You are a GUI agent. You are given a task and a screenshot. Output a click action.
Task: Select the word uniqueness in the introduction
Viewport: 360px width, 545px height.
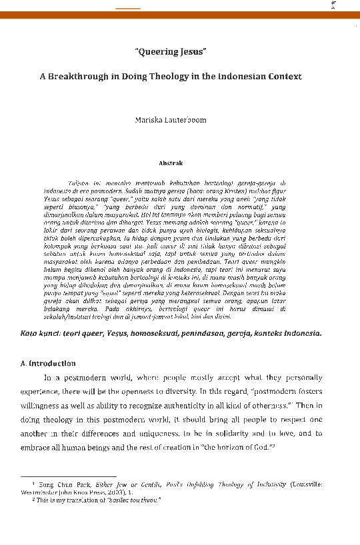pyautogui.click(x=158, y=432)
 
